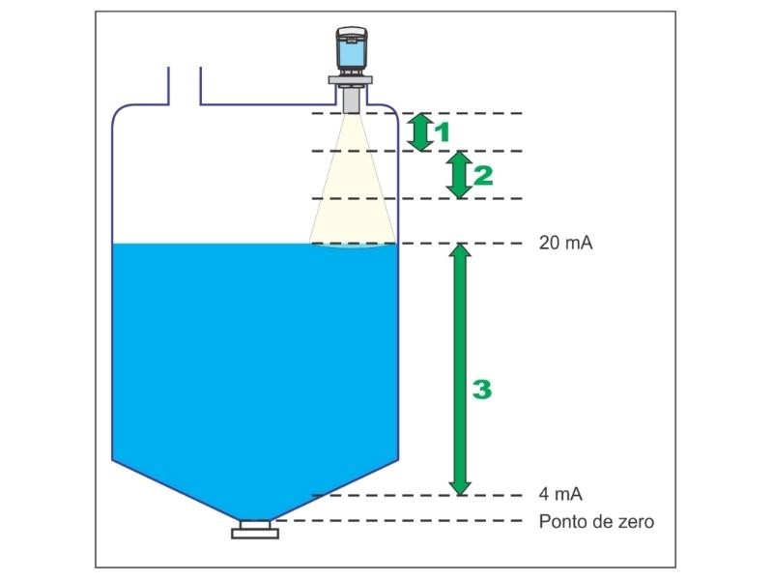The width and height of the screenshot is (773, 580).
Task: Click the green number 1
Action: pos(443,132)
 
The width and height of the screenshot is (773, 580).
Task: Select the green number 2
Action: pos(483,175)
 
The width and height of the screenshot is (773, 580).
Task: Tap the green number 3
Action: pos(482,390)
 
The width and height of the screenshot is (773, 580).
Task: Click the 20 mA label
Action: pos(565,244)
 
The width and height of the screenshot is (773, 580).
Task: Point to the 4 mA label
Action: pos(560,495)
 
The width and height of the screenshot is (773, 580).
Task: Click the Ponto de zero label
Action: pos(596,522)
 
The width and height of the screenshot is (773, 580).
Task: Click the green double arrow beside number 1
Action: pos(419,132)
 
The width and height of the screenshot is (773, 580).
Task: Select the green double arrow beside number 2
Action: pos(461,175)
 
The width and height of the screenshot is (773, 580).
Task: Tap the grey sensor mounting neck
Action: pos(351,97)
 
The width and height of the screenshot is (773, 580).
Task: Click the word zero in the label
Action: pos(637,522)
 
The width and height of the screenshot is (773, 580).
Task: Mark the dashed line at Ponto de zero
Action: pos(406,521)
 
